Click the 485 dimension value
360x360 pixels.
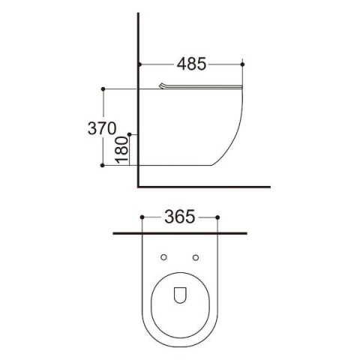coord(191,64)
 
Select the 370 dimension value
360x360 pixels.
coord(102,128)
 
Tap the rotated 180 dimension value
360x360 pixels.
coord(122,150)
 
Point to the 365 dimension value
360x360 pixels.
coord(180,217)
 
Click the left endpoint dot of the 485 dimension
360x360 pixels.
coord(139,64)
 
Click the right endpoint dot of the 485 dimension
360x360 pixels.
coord(242,64)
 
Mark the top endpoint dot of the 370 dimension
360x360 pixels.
coord(103,89)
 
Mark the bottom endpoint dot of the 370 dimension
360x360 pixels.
coord(102,165)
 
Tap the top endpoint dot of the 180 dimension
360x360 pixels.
coord(129,134)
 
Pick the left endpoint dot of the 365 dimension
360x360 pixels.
coord(142,217)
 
